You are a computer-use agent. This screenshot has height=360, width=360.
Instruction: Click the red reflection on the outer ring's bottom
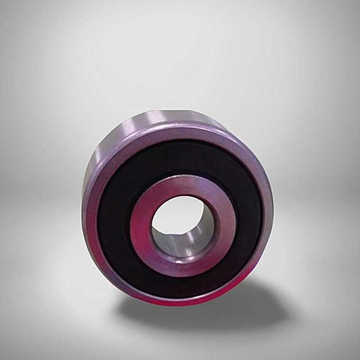171,301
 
